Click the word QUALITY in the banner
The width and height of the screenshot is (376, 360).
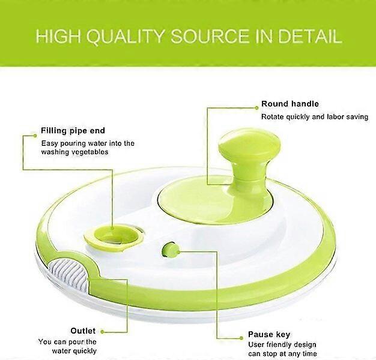tap(125, 37)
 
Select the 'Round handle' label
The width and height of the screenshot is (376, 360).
tap(290, 104)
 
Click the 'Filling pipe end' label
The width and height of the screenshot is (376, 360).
tap(73, 131)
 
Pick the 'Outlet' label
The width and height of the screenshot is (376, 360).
tap(83, 331)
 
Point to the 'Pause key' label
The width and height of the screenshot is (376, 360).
tap(269, 334)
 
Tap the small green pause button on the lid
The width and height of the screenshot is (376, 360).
tap(171, 249)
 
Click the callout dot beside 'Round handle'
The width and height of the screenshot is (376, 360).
tap(256, 108)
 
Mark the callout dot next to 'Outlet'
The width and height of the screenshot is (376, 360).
tap(102, 332)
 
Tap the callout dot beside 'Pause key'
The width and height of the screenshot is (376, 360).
tap(241, 338)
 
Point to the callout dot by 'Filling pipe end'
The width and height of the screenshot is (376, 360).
tap(35, 136)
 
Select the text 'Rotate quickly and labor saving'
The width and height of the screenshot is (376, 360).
tap(315, 117)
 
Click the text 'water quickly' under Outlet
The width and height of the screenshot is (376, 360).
tap(74, 351)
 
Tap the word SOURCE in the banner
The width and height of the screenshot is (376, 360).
tap(210, 37)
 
